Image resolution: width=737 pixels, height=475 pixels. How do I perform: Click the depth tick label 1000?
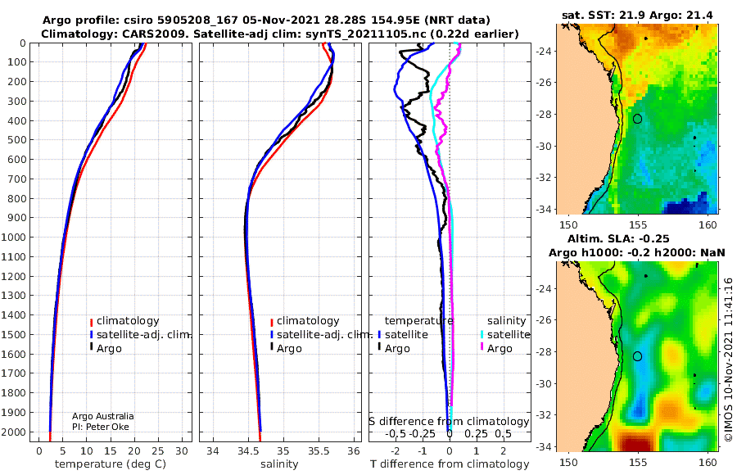coord(13,237)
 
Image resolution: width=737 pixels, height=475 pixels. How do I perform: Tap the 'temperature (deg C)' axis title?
coord(111,464)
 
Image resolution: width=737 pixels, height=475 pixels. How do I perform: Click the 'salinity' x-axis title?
coord(279,464)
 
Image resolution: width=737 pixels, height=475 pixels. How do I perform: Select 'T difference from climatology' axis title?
coord(450,464)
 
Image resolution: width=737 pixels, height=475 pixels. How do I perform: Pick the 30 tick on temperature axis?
coord(182,451)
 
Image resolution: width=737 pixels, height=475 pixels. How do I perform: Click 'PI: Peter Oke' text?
coord(101,427)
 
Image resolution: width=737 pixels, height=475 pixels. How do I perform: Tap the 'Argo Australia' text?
coord(103,416)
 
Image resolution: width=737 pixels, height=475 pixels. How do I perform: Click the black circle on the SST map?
coord(637,115)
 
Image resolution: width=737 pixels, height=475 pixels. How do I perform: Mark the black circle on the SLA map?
coord(637,352)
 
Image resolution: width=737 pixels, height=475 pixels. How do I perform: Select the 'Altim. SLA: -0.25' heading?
coord(618,238)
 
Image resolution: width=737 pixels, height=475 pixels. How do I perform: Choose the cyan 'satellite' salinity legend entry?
coord(505,334)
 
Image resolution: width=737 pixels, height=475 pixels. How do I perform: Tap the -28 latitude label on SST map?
coord(545,115)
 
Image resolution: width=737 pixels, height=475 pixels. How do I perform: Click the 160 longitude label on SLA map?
coord(708,462)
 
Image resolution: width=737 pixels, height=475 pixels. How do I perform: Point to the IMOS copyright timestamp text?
coord(728,360)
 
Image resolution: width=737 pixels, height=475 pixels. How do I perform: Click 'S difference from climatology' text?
coord(449,422)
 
